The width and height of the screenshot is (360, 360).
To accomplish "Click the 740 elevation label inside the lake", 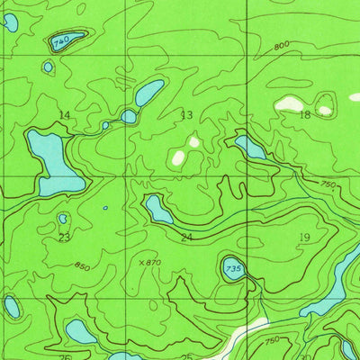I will point(62,42).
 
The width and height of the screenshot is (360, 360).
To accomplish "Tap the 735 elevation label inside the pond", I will point(234,268).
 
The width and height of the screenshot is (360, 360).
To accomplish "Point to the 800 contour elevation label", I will point(282,45).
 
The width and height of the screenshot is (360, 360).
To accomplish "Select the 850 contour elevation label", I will point(83,266).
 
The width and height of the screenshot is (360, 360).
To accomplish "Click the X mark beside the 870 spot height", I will point(141,262).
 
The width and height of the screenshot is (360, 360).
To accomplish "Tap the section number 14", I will point(64,114).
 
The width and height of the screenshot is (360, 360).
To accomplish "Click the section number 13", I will point(186,114).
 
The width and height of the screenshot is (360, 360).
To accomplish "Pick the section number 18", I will point(304,114).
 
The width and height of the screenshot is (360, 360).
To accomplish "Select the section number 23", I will point(64,238).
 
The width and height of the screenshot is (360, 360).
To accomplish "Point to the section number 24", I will point(186,238).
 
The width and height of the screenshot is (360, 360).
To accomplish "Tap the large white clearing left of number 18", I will point(289,105).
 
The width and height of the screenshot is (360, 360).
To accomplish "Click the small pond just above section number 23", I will point(62,218).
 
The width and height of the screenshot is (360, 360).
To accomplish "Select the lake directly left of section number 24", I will point(158,210).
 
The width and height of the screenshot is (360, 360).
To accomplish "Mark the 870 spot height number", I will point(154,262).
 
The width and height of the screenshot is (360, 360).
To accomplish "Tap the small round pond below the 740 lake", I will point(48,67).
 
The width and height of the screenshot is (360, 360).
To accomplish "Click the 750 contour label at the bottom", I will point(273,341).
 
